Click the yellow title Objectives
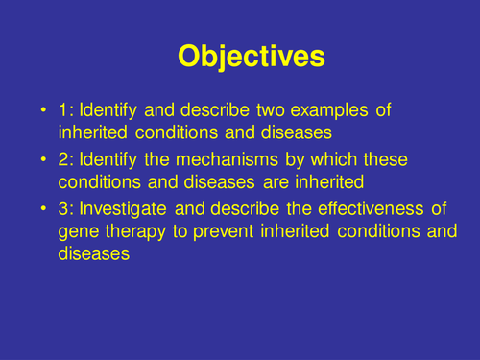coord(251,57)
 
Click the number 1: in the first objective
coord(66,111)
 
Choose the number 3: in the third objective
coord(66,207)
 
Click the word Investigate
coord(126,207)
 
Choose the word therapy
coord(134,232)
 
